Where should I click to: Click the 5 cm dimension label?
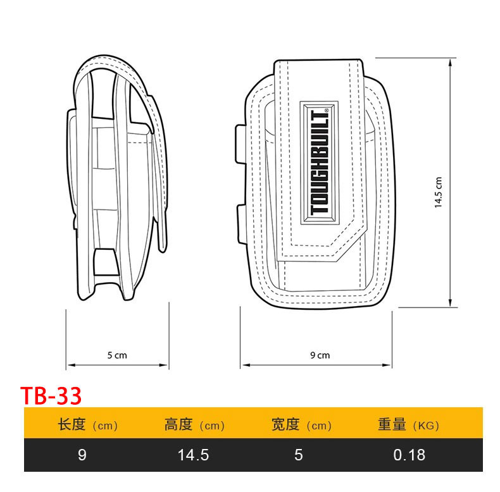pyautogui.click(x=117, y=355)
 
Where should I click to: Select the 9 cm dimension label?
pyautogui.click(x=320, y=355)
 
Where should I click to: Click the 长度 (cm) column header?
pyautogui.click(x=87, y=425)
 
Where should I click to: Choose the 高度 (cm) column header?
pyautogui.click(x=194, y=425)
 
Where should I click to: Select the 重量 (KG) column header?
pyautogui.click(x=408, y=425)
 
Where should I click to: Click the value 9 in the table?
pyautogui.click(x=82, y=455)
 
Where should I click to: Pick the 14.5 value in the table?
pyautogui.click(x=194, y=455)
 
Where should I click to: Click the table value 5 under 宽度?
pyautogui.click(x=299, y=455)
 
